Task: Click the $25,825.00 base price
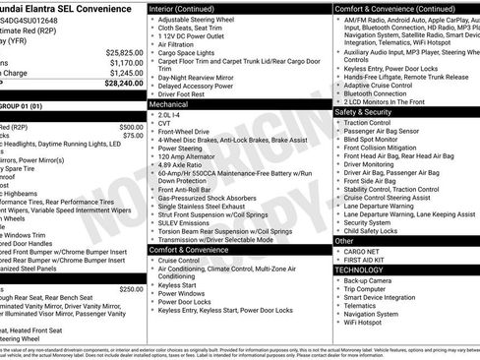click(123, 52)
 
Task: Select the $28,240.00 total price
click(123, 84)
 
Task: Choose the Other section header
click(344, 240)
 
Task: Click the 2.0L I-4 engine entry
click(170, 113)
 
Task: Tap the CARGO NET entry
click(364, 251)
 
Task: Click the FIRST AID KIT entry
click(369, 260)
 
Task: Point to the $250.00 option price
click(131, 289)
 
